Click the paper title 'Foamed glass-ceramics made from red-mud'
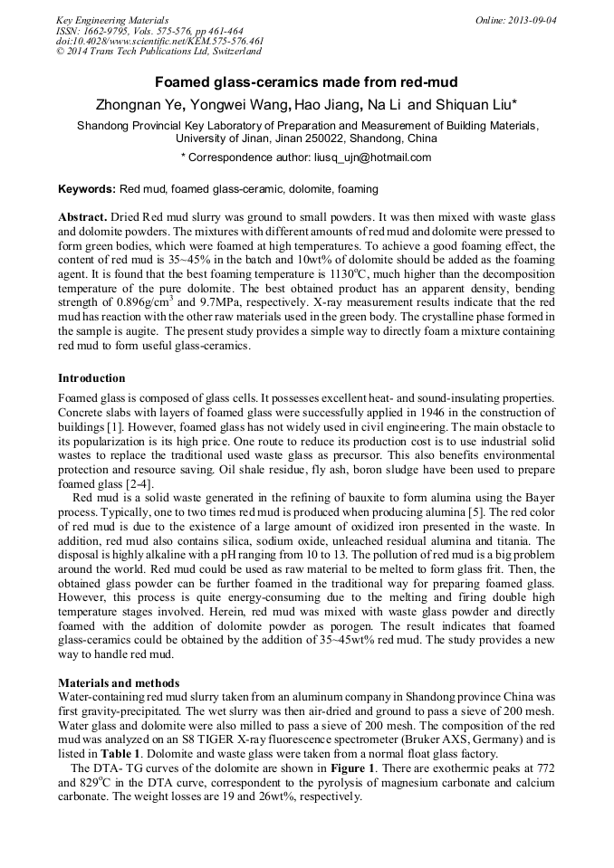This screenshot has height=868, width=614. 306,82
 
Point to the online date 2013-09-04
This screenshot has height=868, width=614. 529,19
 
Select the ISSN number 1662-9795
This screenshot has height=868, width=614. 106,30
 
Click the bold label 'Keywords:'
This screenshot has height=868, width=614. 87,189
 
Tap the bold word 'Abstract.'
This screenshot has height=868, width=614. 83,218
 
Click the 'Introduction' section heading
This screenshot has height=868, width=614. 91,377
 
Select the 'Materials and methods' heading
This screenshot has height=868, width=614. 119,682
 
